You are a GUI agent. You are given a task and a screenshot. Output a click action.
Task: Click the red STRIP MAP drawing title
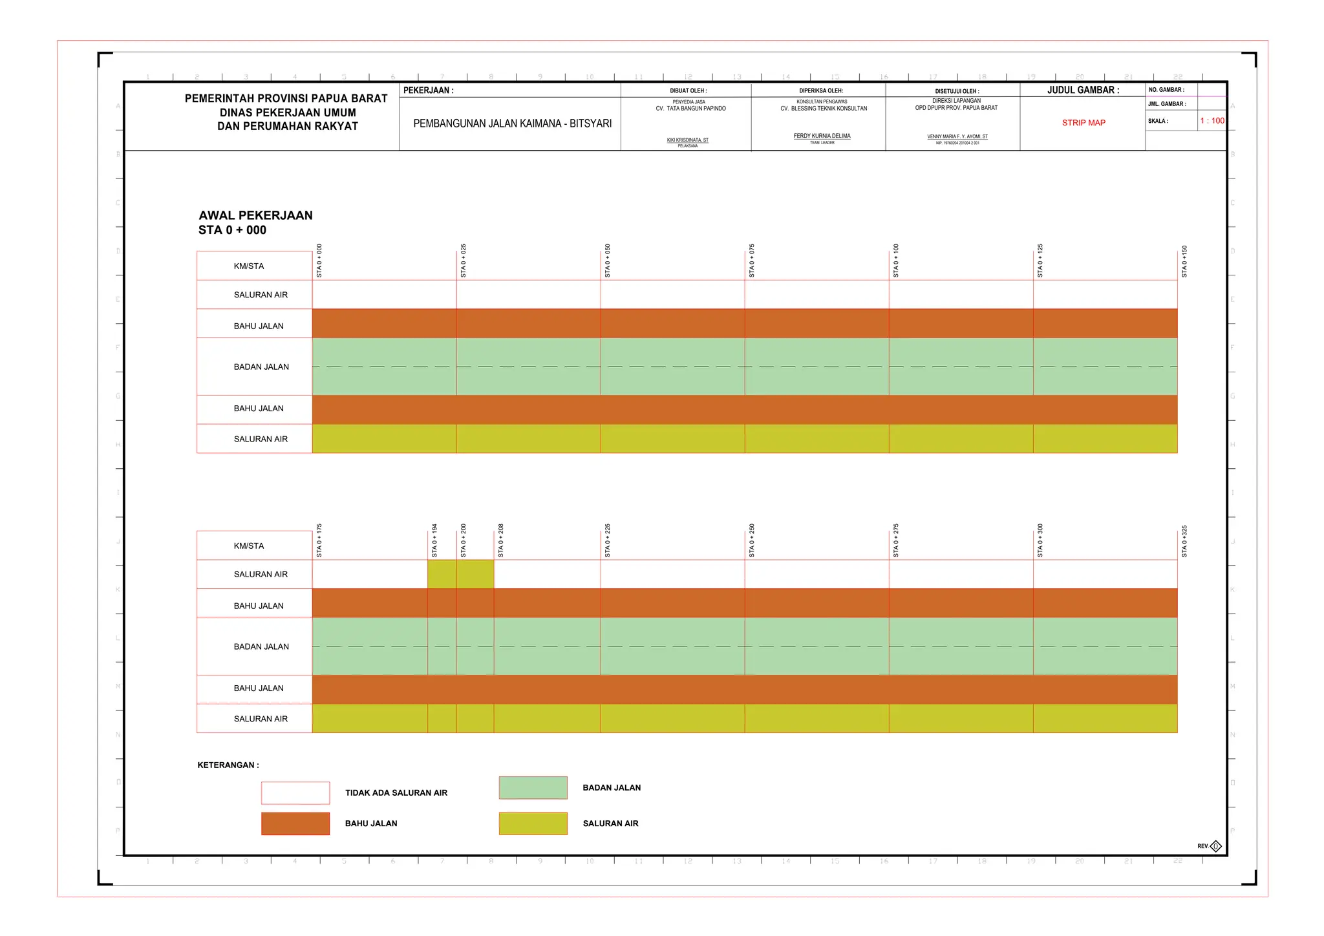click(x=1084, y=123)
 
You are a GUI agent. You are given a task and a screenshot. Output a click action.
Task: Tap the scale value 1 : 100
click(x=1212, y=121)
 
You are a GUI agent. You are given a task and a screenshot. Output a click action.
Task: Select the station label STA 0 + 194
click(x=434, y=541)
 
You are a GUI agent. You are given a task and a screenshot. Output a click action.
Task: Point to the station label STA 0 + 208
click(x=501, y=541)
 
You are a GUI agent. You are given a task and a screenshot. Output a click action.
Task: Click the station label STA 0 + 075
click(x=752, y=261)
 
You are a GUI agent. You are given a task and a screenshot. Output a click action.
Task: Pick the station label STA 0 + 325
click(x=1184, y=542)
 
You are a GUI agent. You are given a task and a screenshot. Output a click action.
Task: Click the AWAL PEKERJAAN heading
click(x=255, y=216)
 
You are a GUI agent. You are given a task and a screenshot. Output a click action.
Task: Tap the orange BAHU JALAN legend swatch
click(x=295, y=824)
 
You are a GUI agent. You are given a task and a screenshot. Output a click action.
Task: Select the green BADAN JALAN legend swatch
click(x=533, y=788)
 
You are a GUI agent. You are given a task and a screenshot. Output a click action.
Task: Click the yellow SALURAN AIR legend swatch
click(x=533, y=824)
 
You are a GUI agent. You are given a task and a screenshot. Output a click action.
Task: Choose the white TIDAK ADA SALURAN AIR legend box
click(x=295, y=793)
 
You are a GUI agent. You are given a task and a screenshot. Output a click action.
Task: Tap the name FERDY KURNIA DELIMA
click(x=822, y=136)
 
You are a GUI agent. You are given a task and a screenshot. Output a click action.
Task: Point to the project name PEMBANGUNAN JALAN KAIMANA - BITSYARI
click(x=512, y=123)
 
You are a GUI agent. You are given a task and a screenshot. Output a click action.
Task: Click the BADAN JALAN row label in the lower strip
click(x=261, y=646)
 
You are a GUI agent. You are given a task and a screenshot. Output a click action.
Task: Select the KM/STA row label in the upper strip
click(x=249, y=266)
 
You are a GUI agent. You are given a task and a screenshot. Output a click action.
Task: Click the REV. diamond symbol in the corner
click(x=1215, y=846)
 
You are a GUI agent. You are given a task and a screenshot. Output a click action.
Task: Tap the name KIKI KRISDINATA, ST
click(x=687, y=140)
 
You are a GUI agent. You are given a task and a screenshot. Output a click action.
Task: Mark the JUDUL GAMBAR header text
click(x=1083, y=90)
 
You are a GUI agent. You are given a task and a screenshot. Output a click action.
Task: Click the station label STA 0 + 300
click(x=1040, y=541)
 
